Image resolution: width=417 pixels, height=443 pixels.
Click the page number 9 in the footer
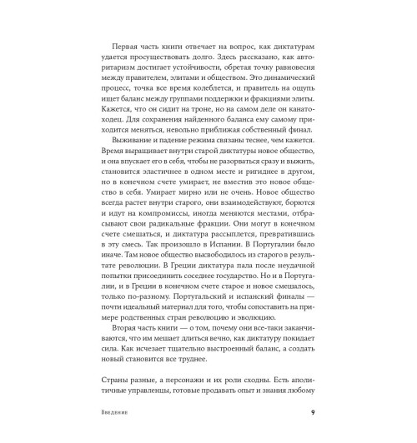pos(312,414)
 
